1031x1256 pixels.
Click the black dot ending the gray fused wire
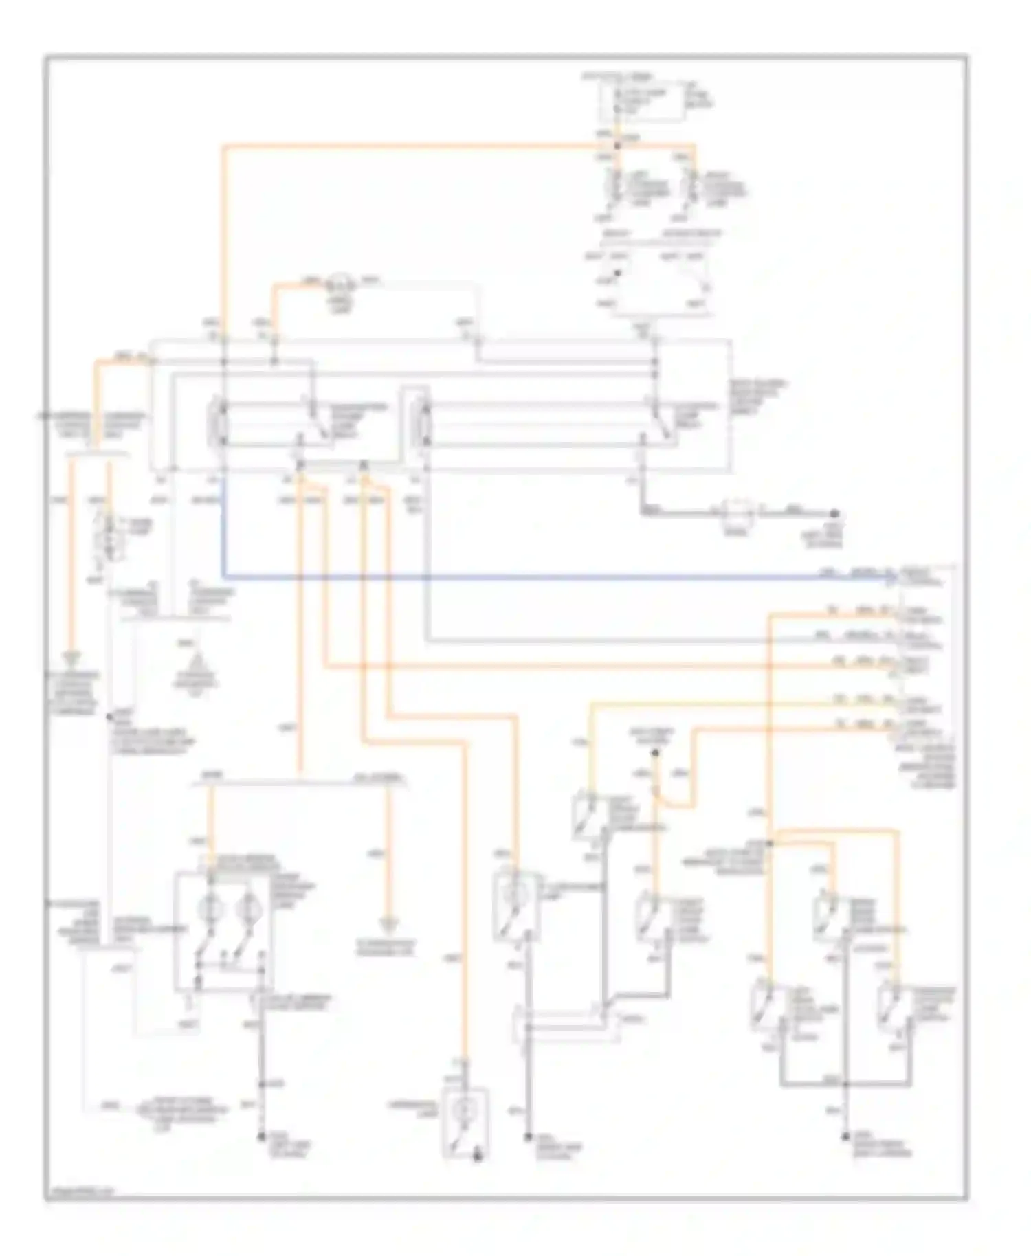pos(834,513)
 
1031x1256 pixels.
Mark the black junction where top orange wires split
pos(617,146)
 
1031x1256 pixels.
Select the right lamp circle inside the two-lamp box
pos(244,908)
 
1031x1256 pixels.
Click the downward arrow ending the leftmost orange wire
pos(69,662)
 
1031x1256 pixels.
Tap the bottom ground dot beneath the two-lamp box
pos(260,1138)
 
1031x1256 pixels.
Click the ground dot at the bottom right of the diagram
pos(846,1139)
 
